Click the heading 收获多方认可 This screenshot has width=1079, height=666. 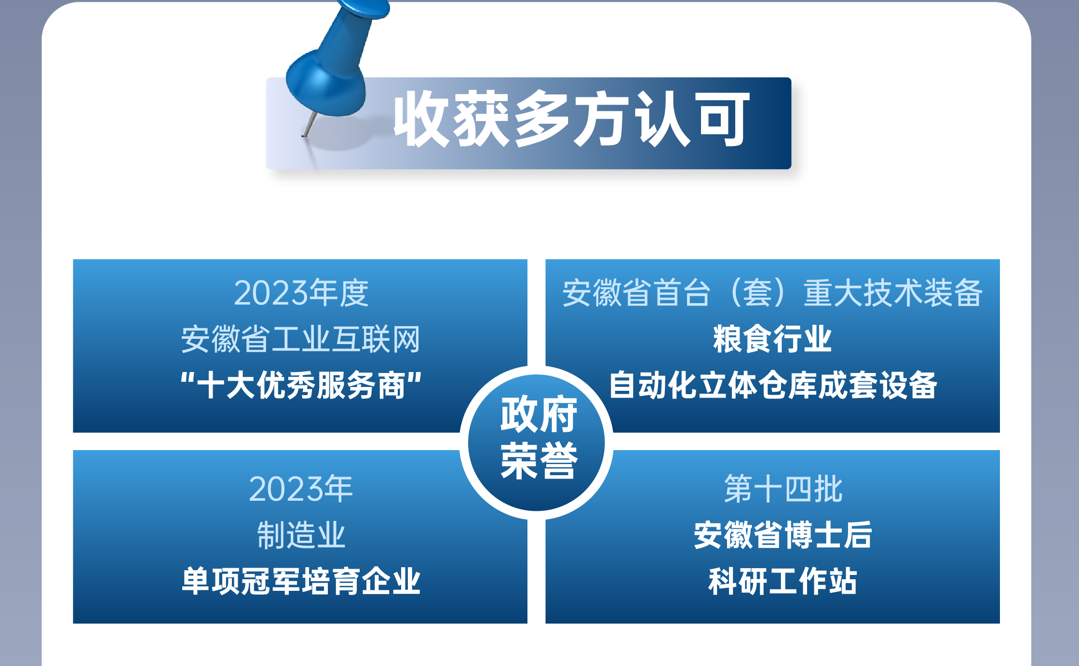[571, 119]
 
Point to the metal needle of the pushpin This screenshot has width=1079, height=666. [310, 124]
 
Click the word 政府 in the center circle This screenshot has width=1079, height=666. [539, 415]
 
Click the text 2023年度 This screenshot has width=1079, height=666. [301, 293]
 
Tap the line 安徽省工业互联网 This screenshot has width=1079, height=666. [300, 339]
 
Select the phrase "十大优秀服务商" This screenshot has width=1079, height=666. [301, 385]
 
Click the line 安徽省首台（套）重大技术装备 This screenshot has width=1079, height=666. [772, 293]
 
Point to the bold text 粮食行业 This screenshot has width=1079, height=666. [772, 339]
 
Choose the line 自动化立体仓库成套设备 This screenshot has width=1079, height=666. [772, 385]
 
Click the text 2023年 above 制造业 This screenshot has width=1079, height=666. [301, 489]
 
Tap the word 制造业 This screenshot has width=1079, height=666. [301, 535]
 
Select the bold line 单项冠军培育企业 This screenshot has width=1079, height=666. [301, 581]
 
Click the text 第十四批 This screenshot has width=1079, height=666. [783, 489]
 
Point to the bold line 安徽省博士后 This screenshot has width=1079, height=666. [783, 535]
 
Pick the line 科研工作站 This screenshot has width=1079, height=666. [783, 581]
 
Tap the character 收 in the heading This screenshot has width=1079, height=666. [421, 119]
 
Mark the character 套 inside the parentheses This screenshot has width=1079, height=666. [757, 293]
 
